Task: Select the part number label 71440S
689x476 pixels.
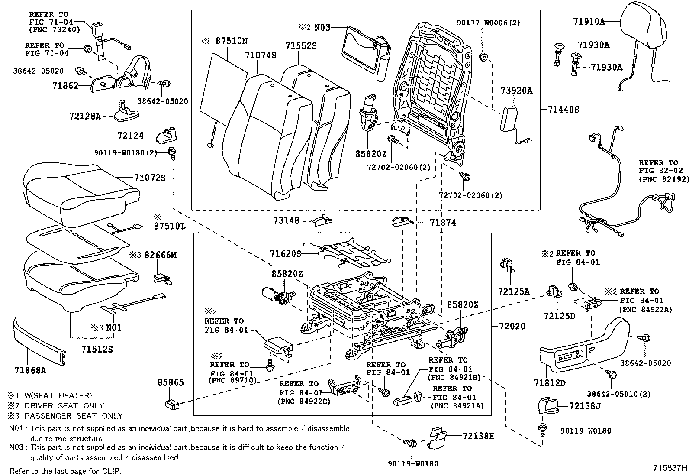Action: click(x=563, y=110)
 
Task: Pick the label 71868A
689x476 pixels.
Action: click(x=30, y=370)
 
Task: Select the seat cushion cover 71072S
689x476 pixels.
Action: click(x=78, y=191)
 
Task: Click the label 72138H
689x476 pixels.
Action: click(x=478, y=436)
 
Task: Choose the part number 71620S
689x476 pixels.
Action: click(x=285, y=253)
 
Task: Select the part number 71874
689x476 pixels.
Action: click(x=443, y=223)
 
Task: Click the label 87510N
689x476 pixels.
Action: click(x=232, y=41)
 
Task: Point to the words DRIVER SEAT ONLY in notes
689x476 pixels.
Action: click(x=64, y=406)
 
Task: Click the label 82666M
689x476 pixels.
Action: click(x=161, y=255)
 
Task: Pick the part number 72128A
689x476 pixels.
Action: click(x=84, y=116)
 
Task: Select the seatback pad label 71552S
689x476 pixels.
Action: click(x=301, y=45)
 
